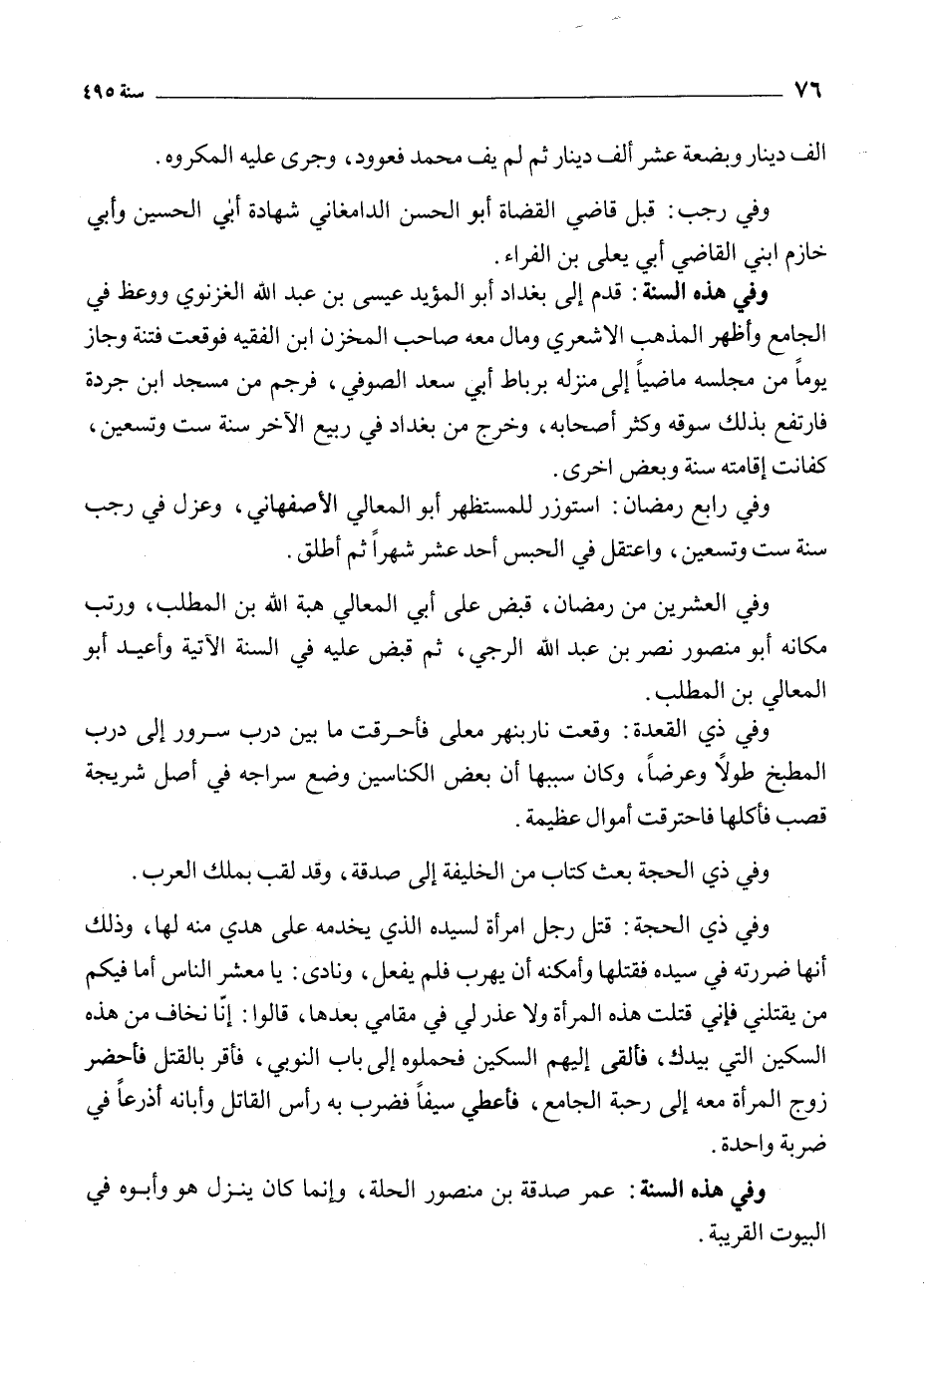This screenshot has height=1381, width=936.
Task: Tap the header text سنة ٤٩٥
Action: pos(112,89)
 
